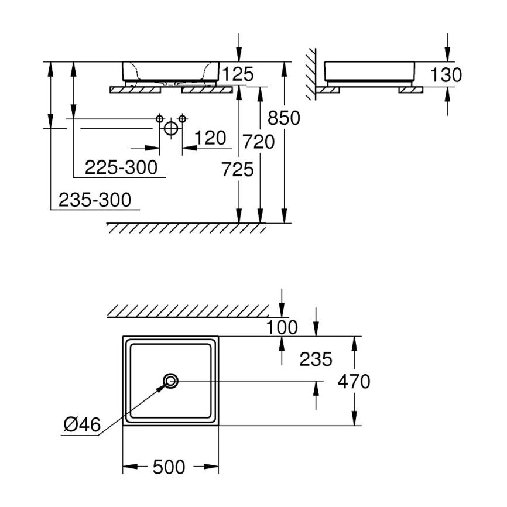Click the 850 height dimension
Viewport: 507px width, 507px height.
pyautogui.click(x=284, y=118)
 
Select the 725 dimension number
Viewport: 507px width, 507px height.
pyautogui.click(x=238, y=169)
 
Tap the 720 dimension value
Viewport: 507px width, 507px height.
pyautogui.click(x=259, y=142)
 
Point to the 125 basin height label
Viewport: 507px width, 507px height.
pyautogui.click(x=238, y=74)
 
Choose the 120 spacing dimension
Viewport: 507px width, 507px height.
pyautogui.click(x=211, y=138)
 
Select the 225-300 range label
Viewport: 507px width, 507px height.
pyautogui.click(x=121, y=167)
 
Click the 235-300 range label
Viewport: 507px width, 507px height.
pyautogui.click(x=95, y=200)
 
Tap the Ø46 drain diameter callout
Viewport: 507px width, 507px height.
pyautogui.click(x=82, y=424)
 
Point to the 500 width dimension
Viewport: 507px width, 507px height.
pyautogui.click(x=169, y=467)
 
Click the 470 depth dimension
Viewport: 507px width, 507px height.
pyautogui.click(x=354, y=381)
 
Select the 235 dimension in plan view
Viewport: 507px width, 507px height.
pyautogui.click(x=316, y=359)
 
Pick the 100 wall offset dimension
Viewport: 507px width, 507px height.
pyautogui.click(x=282, y=327)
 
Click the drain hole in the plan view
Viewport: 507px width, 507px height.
pyautogui.click(x=171, y=381)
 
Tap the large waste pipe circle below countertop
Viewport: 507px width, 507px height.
pyautogui.click(x=171, y=128)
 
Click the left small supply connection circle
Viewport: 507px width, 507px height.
pyautogui.click(x=160, y=119)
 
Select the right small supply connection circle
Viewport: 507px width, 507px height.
pyautogui.click(x=182, y=119)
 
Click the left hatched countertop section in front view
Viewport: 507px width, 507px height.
pyautogui.click(x=135, y=90)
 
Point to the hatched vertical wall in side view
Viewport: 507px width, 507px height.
pyautogui.click(x=311, y=74)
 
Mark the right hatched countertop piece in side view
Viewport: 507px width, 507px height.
pyautogui.click(x=410, y=90)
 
